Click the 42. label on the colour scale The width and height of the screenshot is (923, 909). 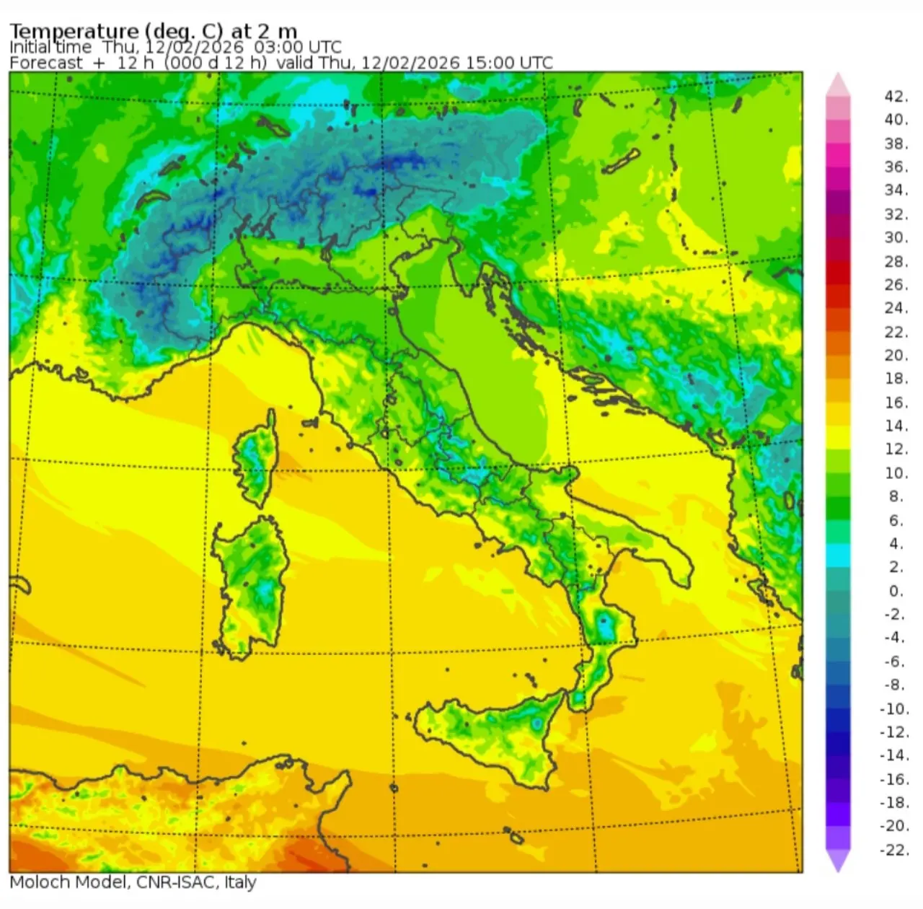click(896, 97)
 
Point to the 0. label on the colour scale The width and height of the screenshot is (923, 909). click(896, 591)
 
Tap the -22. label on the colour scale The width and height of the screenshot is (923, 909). click(894, 850)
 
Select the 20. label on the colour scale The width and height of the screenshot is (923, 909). click(896, 355)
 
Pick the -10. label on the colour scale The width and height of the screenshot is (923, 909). click(894, 708)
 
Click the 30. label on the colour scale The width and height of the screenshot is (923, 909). click(896, 237)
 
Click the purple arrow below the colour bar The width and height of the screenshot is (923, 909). click(838, 860)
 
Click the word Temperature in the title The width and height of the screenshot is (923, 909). click(74, 31)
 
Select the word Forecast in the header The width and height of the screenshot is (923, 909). click(46, 63)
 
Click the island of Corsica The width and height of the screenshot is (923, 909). click(255, 458)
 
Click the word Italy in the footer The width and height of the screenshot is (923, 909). click(240, 882)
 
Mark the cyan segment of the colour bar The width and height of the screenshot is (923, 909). click(838, 555)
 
